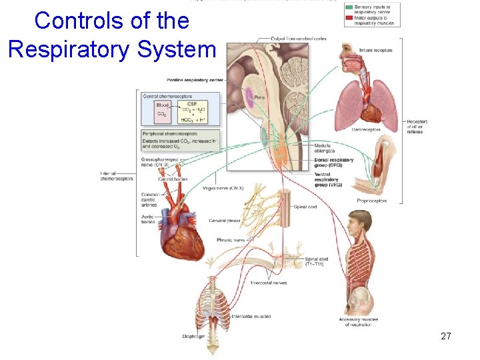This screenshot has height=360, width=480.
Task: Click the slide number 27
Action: [x=446, y=337]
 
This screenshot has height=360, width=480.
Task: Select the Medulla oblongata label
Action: [x=324, y=147]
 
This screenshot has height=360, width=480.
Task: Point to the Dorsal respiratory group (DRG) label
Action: [x=333, y=162]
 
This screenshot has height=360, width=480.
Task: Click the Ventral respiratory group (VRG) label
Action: [x=327, y=179]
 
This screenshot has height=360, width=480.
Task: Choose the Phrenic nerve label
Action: [x=231, y=240]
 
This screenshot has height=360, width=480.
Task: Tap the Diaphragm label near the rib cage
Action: [x=193, y=336]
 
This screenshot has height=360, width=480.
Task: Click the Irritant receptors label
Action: [x=375, y=50]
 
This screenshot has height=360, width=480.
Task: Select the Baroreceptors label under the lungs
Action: [x=366, y=129]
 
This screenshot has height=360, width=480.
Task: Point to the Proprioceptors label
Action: [x=371, y=200]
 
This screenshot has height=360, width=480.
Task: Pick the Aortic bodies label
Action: [x=148, y=219]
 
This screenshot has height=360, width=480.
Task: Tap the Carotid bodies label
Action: [x=173, y=179]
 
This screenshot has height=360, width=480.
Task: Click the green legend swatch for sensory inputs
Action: [x=349, y=7]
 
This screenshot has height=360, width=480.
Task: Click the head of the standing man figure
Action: [x=360, y=222]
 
